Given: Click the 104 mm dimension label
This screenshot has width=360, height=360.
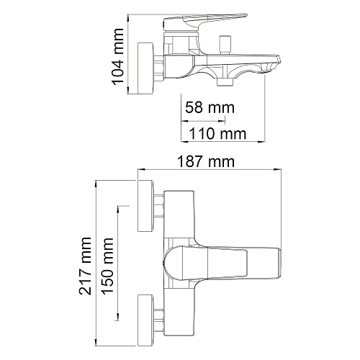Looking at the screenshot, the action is point(118,57).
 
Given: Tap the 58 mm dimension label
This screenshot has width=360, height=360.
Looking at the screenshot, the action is point(210,107).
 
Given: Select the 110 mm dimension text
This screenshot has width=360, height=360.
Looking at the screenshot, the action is point(217,134).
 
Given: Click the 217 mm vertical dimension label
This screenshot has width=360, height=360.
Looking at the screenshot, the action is point(85,266).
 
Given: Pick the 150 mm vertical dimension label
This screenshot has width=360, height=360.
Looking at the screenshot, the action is point(107,266).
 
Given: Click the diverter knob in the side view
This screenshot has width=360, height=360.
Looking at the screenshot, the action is point(225,45).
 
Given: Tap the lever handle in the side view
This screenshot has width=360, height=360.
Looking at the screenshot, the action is point(205,22).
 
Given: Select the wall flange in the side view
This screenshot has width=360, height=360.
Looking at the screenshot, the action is point(145,68).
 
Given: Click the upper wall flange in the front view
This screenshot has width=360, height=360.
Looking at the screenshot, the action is point(145,206).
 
